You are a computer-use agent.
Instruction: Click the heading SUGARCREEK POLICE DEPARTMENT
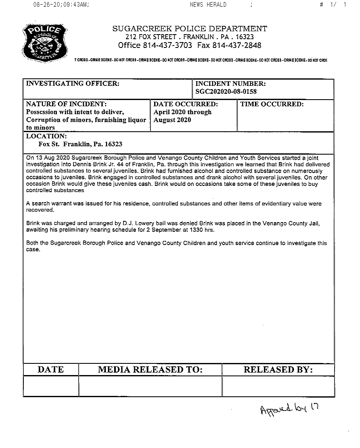tap(190, 29)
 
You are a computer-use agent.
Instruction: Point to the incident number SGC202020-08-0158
tap(226, 92)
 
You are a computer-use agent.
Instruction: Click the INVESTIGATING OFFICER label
tap(73, 84)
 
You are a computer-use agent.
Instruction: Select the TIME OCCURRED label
tap(272, 104)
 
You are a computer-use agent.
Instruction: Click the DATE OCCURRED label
tap(185, 104)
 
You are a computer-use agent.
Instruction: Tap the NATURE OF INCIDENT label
tap(66, 104)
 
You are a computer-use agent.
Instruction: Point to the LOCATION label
tap(46, 136)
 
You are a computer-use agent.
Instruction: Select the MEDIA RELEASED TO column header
tap(150, 370)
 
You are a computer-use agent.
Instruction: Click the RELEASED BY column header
tap(278, 370)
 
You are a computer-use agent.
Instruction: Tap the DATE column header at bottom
tap(51, 370)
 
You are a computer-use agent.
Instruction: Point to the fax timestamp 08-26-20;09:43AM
tap(61, 5)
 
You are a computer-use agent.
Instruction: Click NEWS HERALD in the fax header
tap(208, 5)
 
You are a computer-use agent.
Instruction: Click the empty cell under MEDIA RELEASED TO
tap(150, 386)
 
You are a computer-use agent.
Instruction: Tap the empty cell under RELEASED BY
tap(278, 386)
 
